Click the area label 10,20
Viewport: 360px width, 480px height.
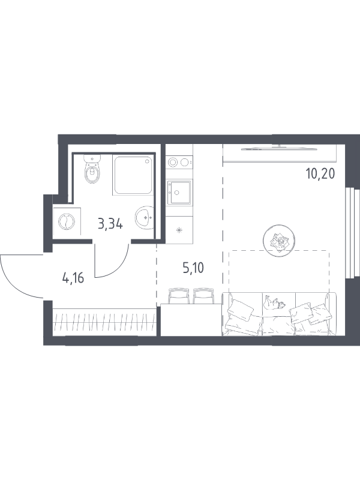click(x=320, y=174)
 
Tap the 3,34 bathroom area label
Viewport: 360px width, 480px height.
click(x=110, y=224)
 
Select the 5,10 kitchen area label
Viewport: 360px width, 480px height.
click(x=193, y=268)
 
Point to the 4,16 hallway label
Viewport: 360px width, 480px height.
click(x=73, y=278)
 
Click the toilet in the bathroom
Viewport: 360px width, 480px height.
click(x=92, y=169)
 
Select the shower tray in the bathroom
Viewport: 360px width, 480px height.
click(x=133, y=175)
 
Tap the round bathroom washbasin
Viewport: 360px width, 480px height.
click(x=144, y=217)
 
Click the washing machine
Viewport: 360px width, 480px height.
click(x=67, y=221)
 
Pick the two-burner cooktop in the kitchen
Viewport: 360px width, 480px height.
click(x=179, y=162)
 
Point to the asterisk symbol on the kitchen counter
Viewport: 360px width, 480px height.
click(x=179, y=230)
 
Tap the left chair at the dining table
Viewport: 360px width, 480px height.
click(x=179, y=296)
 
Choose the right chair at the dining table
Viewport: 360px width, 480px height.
click(x=203, y=296)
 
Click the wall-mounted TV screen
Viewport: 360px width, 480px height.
click(x=280, y=148)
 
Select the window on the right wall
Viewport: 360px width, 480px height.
click(x=352, y=233)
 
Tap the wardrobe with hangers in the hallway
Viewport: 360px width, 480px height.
click(x=104, y=322)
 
